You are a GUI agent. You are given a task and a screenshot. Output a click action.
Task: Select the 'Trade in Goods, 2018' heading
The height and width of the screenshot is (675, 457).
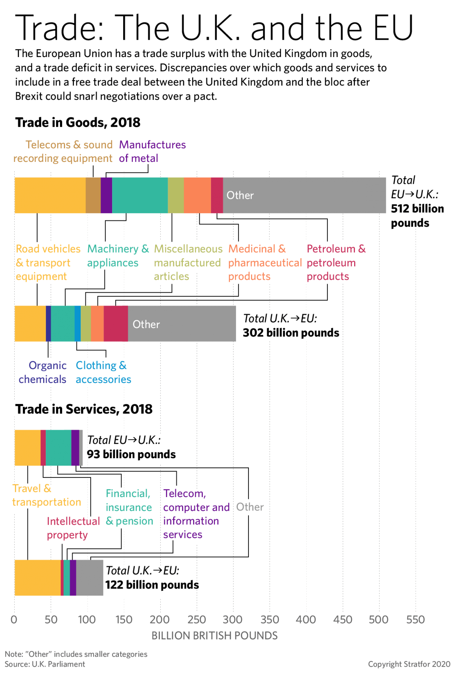[x=78, y=122]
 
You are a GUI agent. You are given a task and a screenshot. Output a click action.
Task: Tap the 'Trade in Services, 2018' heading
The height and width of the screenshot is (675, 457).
[x=84, y=409]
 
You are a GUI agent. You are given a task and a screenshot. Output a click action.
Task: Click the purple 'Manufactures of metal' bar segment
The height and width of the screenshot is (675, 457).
[x=106, y=195]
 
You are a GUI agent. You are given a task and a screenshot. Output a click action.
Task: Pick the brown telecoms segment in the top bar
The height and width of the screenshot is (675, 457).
[x=93, y=195]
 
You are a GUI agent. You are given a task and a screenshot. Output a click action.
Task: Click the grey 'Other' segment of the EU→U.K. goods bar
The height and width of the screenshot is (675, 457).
[x=304, y=195]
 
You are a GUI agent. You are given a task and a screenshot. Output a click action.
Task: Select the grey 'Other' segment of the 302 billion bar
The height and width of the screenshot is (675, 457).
[x=182, y=324]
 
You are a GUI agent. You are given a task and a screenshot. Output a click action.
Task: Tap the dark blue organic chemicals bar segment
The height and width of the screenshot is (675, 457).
[x=48, y=324]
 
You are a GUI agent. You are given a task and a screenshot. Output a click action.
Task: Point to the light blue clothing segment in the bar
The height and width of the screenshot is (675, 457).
[x=78, y=324]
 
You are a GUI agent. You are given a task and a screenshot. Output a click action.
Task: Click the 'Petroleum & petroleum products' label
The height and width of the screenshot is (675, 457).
[x=336, y=263]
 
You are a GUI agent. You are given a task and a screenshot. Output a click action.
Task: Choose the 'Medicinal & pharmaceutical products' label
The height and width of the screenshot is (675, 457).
[x=265, y=263]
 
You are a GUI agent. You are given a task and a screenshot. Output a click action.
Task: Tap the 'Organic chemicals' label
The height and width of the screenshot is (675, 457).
[x=43, y=372]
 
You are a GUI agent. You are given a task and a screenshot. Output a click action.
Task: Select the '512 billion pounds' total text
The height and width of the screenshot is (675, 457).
[x=417, y=216]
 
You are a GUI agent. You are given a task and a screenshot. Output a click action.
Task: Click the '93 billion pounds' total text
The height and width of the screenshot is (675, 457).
[x=131, y=454]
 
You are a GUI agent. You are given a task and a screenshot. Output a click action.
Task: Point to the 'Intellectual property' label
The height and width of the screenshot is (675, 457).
[x=73, y=528]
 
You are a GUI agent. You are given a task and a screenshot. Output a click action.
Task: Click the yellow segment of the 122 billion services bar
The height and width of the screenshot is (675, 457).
[x=37, y=578]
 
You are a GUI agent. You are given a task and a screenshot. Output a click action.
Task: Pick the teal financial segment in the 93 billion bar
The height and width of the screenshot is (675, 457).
[x=58, y=447]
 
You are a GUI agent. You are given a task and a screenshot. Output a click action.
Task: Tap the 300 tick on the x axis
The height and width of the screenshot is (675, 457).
[x=233, y=619]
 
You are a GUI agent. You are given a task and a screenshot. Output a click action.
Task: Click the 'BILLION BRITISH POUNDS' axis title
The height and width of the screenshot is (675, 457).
[x=215, y=636]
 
